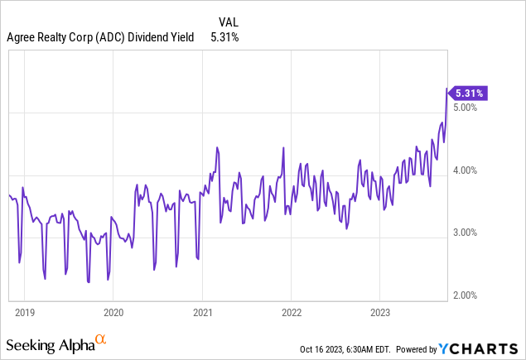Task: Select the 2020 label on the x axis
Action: pos(113,313)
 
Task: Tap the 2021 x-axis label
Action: pos(202,313)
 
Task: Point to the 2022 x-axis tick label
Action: pos(291,313)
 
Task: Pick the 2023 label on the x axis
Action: pos(379,313)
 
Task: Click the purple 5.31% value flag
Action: pos(468,93)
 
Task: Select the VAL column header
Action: pos(229,21)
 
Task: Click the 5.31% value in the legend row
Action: pos(225,36)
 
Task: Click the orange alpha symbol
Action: pos(100,339)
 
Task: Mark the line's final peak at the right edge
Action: pos(447,89)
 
